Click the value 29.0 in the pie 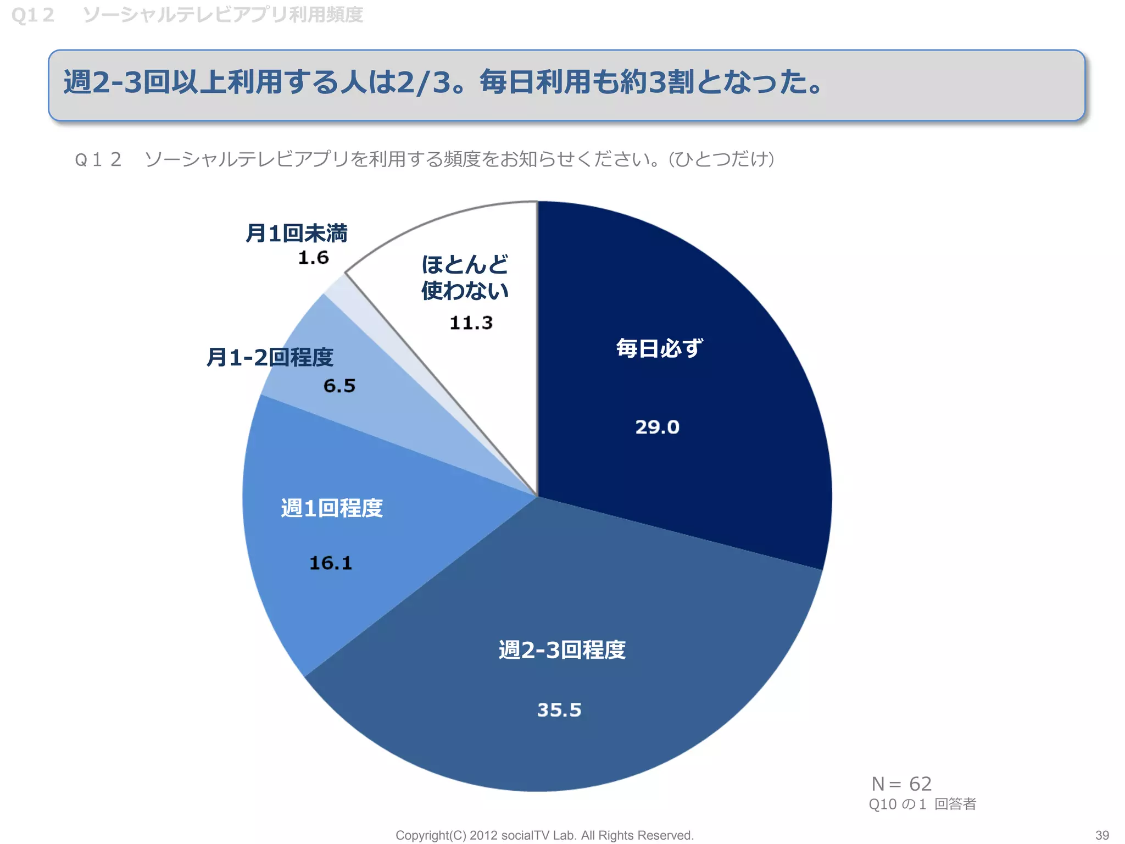coord(657,427)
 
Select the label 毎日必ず coord(659,348)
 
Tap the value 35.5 coord(559,710)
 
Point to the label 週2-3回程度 coord(562,650)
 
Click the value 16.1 coord(330,563)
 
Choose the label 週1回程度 coord(332,508)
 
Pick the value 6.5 coord(339,386)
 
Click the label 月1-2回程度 coord(270,358)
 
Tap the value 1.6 coord(313,258)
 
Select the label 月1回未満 coord(296,234)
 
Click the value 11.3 coord(471,323)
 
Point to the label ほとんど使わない coord(465,277)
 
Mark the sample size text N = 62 coord(901,784)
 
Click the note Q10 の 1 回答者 coord(922,804)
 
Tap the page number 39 coord(1102,835)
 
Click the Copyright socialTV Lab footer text coord(544,835)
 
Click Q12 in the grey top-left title coord(33,15)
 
